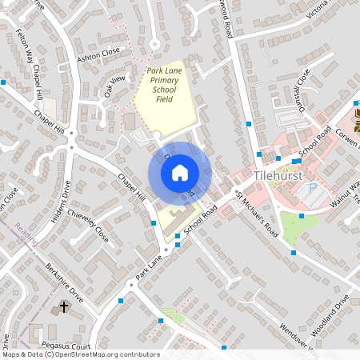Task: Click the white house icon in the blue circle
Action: point(180,171)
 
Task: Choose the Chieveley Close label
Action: point(88,227)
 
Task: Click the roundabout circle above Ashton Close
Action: point(154,45)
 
